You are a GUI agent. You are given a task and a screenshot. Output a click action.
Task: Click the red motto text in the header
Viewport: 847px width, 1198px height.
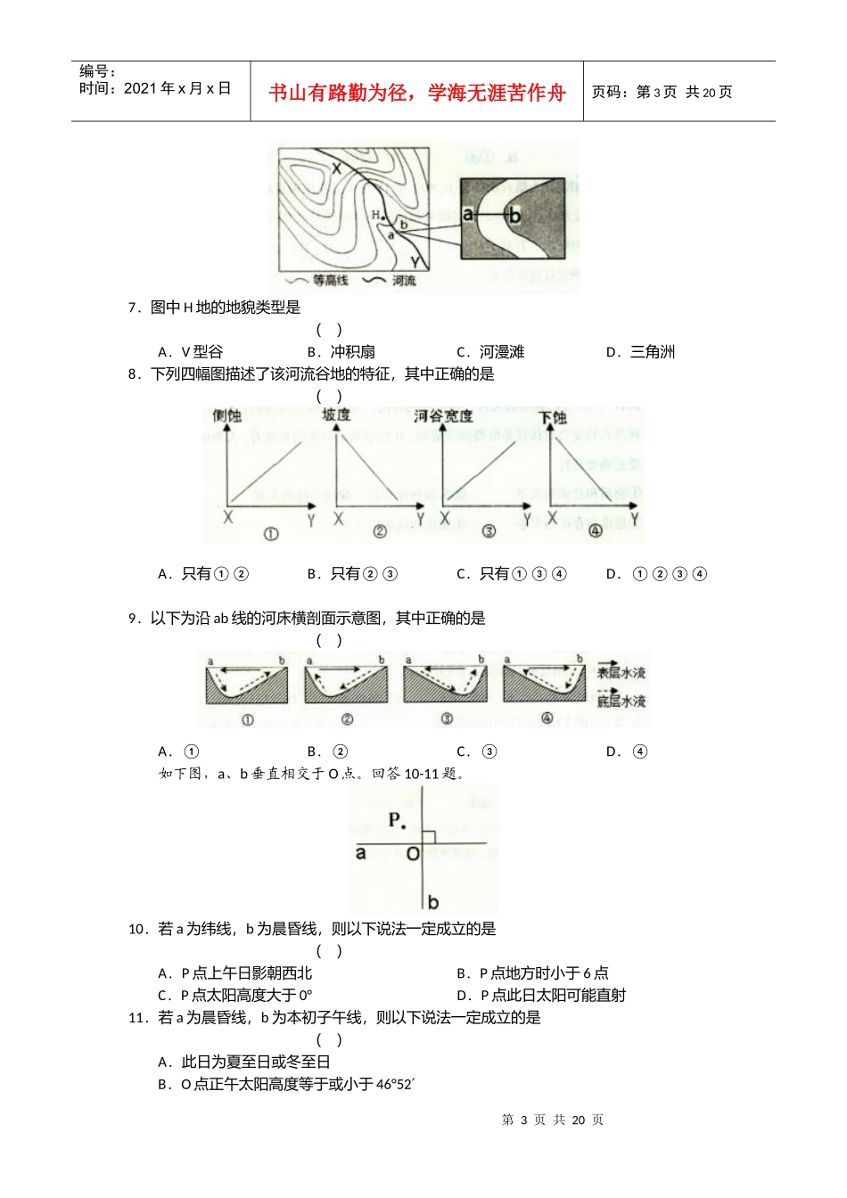point(416,93)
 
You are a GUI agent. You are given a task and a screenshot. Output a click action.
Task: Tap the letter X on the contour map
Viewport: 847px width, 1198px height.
point(336,168)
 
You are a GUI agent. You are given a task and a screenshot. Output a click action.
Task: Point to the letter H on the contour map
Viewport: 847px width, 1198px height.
point(375,215)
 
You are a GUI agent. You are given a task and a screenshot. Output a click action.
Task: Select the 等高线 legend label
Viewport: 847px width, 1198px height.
point(331,281)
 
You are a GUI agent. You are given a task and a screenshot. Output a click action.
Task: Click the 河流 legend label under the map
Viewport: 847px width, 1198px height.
point(403,281)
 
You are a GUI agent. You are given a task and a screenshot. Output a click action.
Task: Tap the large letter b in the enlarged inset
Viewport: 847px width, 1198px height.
point(514,215)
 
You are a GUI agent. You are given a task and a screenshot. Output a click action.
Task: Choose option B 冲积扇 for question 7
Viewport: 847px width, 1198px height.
point(342,352)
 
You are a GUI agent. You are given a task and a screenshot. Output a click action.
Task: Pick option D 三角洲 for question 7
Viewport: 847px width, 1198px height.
point(641,352)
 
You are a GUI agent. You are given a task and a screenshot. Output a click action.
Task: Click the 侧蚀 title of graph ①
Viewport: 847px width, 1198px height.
point(226,416)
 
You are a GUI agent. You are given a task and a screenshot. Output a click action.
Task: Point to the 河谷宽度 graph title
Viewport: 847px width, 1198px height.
point(443,416)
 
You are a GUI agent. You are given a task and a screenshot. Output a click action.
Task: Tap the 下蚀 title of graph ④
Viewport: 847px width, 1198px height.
point(553,417)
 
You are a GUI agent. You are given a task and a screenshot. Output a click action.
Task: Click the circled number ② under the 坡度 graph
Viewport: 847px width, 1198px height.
point(379,532)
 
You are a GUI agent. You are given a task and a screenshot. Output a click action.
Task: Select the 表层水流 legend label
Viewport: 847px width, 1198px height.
point(621,673)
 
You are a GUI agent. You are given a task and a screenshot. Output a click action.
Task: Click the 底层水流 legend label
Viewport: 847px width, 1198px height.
point(621,702)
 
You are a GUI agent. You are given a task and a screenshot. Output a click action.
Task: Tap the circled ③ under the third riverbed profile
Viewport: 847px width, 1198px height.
point(446,719)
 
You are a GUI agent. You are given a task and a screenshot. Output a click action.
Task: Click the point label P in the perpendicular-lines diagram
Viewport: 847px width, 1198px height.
point(396,820)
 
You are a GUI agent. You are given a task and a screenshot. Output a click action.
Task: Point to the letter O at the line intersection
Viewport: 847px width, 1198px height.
point(413,854)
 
